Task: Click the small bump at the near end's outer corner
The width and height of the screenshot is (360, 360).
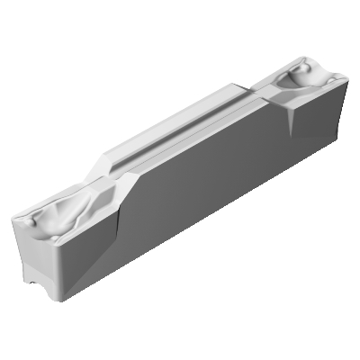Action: [x=30, y=220]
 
